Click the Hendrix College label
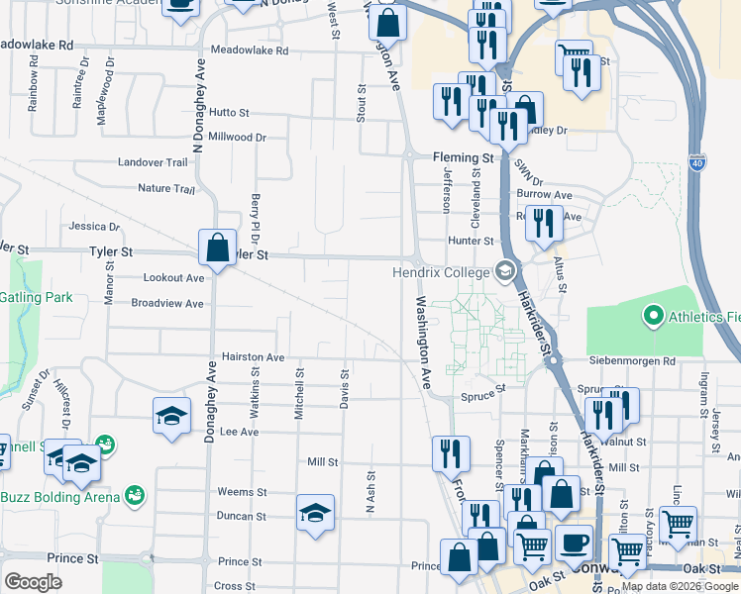tap(442, 272)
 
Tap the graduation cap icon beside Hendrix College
tap(505, 271)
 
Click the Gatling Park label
tap(36, 297)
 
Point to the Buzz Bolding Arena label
tap(59, 497)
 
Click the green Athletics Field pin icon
tap(653, 317)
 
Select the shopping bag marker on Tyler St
tap(217, 247)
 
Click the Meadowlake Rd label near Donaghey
tap(249, 50)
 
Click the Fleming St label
tap(463, 157)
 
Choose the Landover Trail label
tap(152, 162)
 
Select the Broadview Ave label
tap(166, 304)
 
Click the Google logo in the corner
tap(34, 581)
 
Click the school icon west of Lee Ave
tap(171, 415)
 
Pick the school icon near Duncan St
tap(316, 512)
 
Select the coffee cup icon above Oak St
tap(574, 543)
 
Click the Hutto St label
tap(229, 114)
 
